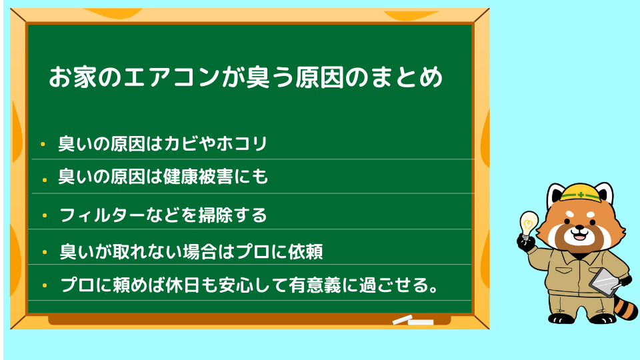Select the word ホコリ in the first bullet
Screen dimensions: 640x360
241,144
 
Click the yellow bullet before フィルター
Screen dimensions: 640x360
45,215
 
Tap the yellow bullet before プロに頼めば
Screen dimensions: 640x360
45,285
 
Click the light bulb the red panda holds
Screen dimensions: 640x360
528,224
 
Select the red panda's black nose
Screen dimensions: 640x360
579,227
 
